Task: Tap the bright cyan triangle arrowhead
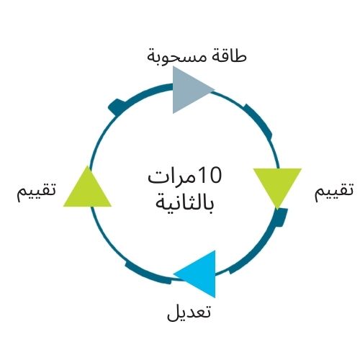[x=201, y=274]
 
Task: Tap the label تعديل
[x=189, y=312]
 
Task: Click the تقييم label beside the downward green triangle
[x=334, y=192]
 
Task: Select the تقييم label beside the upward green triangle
[x=36, y=192]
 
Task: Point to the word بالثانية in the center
[x=184, y=204]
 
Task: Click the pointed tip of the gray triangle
[x=215, y=89]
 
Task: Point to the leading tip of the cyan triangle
[x=174, y=274]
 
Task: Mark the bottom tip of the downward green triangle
[x=277, y=210]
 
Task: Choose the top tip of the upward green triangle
[x=87, y=166]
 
